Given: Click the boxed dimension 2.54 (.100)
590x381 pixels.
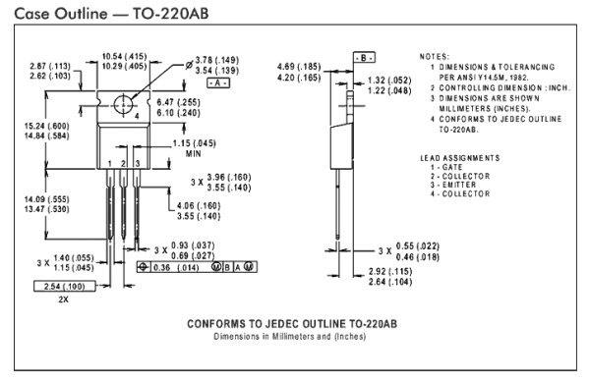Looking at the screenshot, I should [64, 285].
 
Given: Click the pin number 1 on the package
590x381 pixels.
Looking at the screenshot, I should [109, 162].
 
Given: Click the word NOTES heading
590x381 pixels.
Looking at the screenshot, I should [435, 58].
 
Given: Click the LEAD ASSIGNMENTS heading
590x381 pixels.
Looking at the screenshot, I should [459, 157].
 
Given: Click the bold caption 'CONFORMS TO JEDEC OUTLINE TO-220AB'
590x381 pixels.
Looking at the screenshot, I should [293, 323].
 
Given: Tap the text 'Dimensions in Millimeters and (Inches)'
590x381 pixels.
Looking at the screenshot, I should [293, 336].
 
